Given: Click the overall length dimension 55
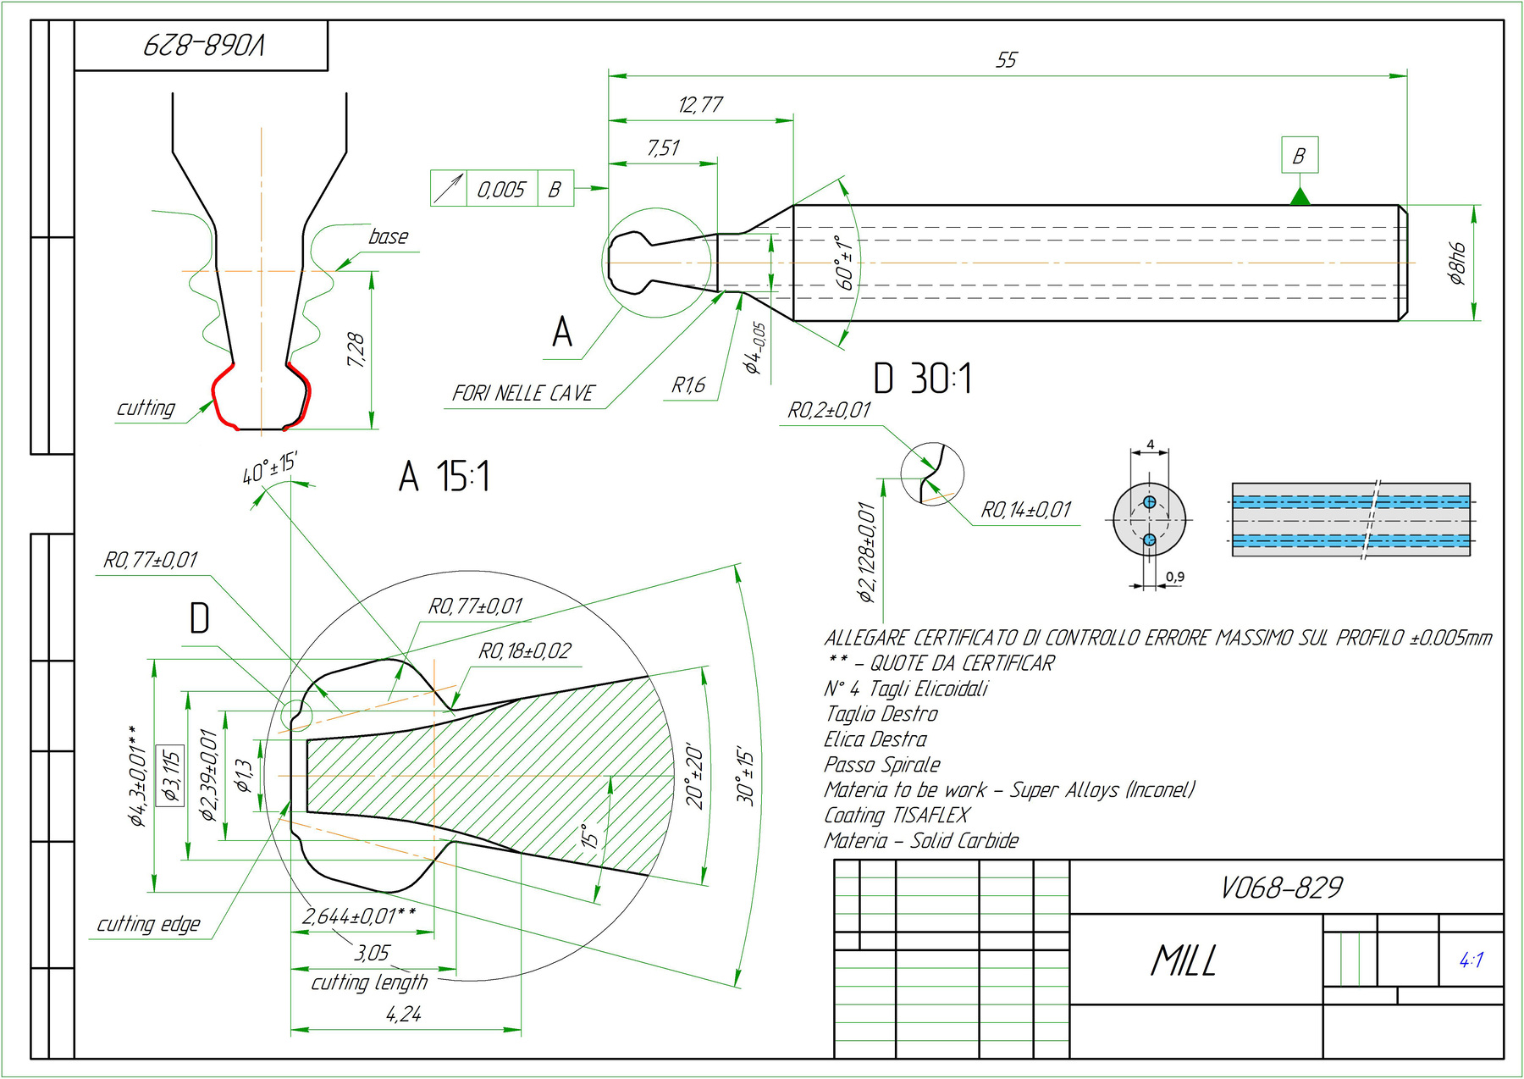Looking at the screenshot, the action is [1006, 60].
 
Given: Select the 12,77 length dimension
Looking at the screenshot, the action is [700, 105].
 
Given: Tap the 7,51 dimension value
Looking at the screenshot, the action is [663, 148].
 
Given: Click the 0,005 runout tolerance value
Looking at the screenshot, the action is [501, 189].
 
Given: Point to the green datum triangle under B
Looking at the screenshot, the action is [1300, 196].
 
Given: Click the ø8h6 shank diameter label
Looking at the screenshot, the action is [1456, 263].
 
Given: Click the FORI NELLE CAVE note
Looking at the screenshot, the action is [523, 393].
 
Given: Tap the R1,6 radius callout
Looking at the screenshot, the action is [688, 386].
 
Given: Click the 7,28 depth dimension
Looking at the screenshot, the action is [356, 350].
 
